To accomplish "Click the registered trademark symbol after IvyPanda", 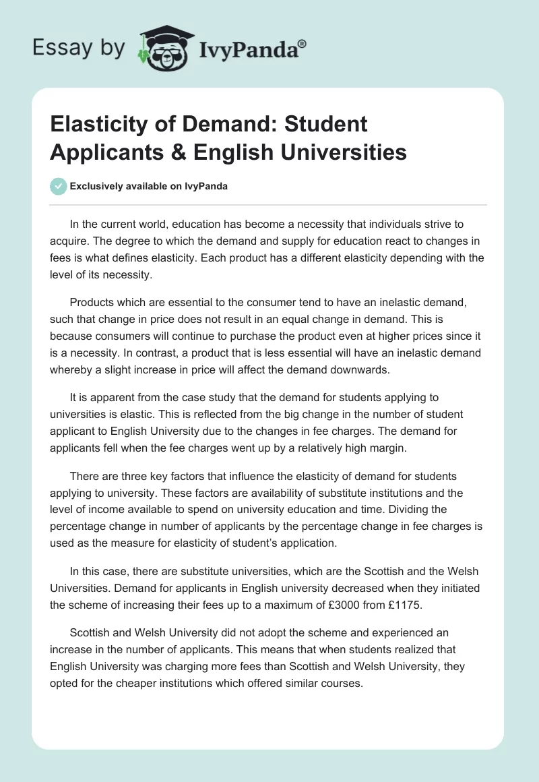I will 303,44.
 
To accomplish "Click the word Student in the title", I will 326,124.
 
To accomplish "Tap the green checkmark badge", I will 59,187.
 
